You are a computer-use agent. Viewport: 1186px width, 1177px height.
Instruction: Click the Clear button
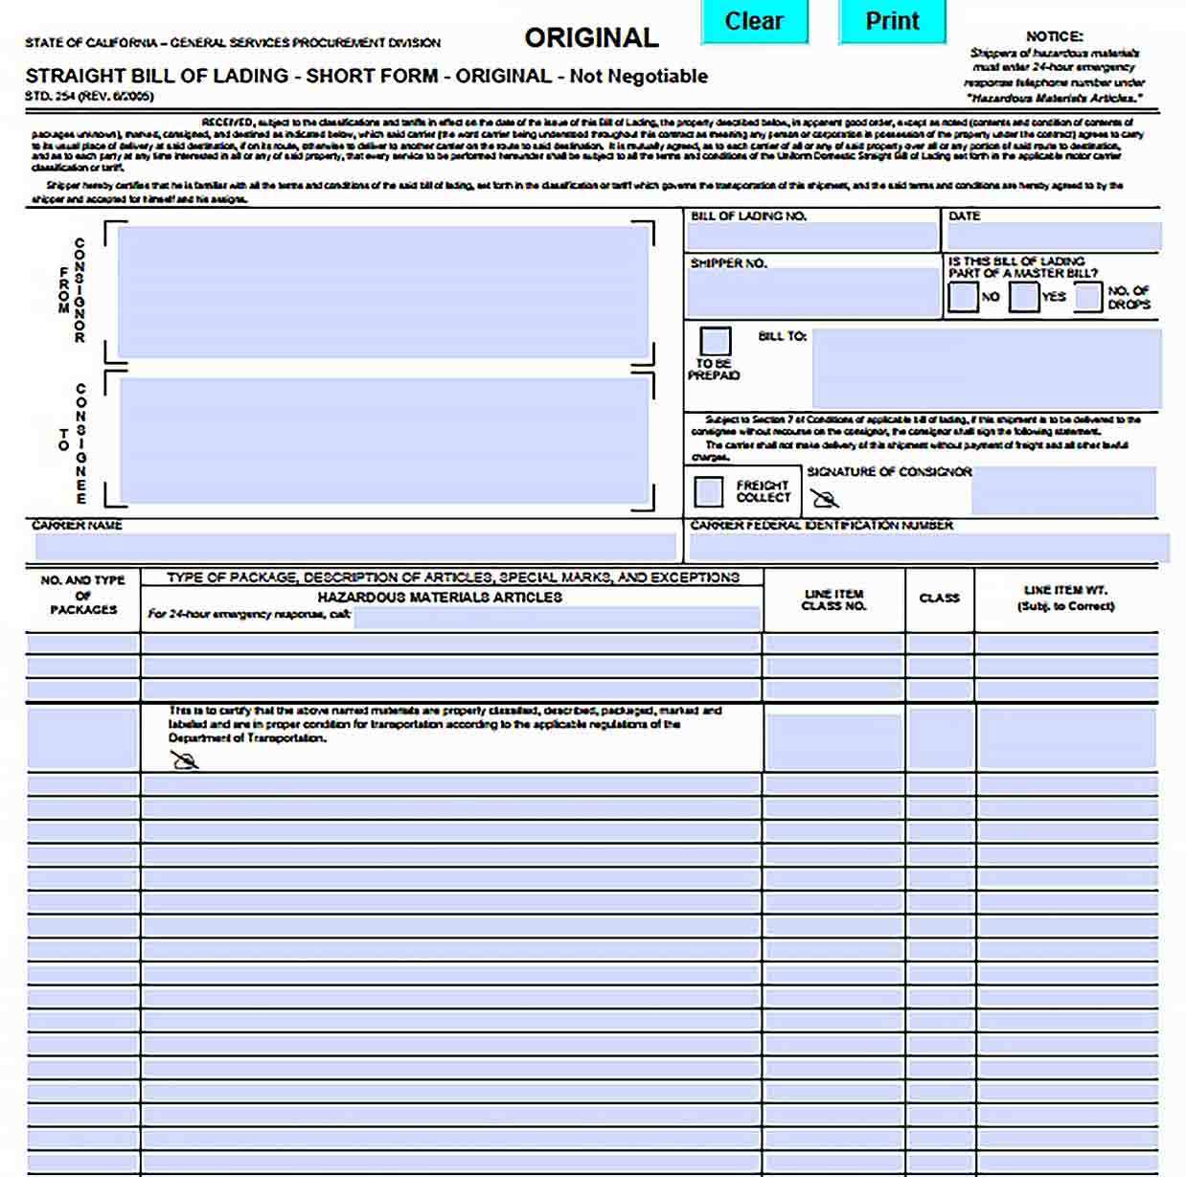point(754,21)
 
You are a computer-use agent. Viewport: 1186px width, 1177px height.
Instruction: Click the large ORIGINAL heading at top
point(591,38)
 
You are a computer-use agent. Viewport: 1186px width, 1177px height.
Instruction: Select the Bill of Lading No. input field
point(811,237)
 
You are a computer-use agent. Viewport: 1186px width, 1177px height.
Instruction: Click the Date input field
point(1053,237)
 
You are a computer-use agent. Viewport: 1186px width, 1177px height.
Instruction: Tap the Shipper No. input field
point(811,292)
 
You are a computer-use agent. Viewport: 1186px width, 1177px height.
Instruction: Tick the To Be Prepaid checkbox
point(715,341)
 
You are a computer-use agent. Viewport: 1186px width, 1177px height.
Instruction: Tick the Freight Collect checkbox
point(709,492)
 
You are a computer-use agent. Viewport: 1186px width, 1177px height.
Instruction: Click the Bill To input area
point(986,370)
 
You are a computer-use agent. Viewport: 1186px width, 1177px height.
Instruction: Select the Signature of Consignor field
point(1063,491)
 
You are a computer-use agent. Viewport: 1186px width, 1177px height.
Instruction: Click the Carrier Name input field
point(354,547)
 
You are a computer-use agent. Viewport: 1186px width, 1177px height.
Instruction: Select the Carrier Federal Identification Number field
point(927,548)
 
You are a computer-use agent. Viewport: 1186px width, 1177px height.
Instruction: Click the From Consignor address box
point(381,292)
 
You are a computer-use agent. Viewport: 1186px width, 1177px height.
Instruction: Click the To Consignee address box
point(381,441)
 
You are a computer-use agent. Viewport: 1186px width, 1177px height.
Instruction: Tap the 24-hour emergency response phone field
point(557,618)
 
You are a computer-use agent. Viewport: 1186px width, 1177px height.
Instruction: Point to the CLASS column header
point(939,599)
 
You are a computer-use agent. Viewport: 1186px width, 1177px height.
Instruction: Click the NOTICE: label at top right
point(1054,36)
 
